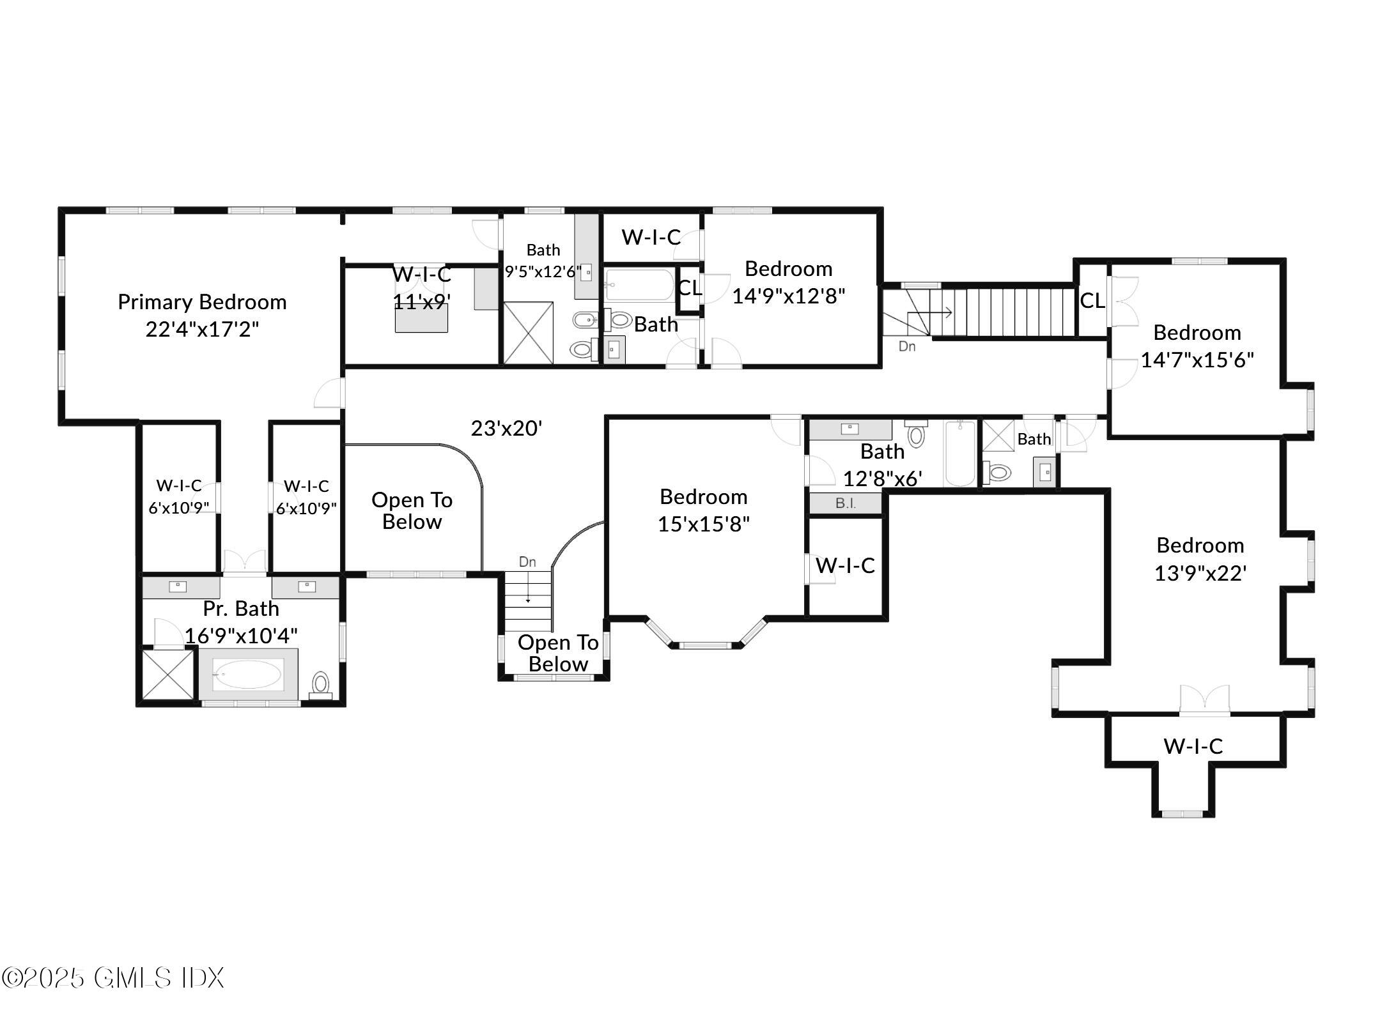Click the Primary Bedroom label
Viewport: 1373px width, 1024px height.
(x=202, y=302)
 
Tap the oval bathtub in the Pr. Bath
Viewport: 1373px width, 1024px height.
(x=247, y=675)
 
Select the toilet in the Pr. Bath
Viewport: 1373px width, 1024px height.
(x=320, y=683)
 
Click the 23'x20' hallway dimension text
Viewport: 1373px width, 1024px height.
(x=506, y=428)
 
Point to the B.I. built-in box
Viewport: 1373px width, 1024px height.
(x=845, y=503)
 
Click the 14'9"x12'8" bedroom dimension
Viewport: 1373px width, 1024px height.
(x=788, y=296)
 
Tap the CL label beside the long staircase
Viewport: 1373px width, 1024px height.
(x=1092, y=301)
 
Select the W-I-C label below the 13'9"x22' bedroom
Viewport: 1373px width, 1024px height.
(x=1193, y=746)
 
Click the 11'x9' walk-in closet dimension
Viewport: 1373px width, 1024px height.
(x=422, y=301)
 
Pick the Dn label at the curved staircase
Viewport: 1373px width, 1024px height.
(x=527, y=562)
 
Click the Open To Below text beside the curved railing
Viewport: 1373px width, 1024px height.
(x=412, y=511)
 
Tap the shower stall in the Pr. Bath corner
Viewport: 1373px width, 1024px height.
(x=167, y=675)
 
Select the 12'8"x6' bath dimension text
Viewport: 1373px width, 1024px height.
(x=882, y=478)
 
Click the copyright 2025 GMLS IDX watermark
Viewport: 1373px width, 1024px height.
(x=113, y=978)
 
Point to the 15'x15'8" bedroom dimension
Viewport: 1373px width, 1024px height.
(x=703, y=524)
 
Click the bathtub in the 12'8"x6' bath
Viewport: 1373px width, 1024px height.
(x=959, y=454)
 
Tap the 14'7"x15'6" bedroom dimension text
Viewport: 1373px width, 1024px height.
(x=1197, y=360)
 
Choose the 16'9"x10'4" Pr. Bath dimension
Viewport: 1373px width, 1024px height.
(x=241, y=636)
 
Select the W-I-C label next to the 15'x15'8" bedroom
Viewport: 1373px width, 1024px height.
(x=845, y=565)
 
